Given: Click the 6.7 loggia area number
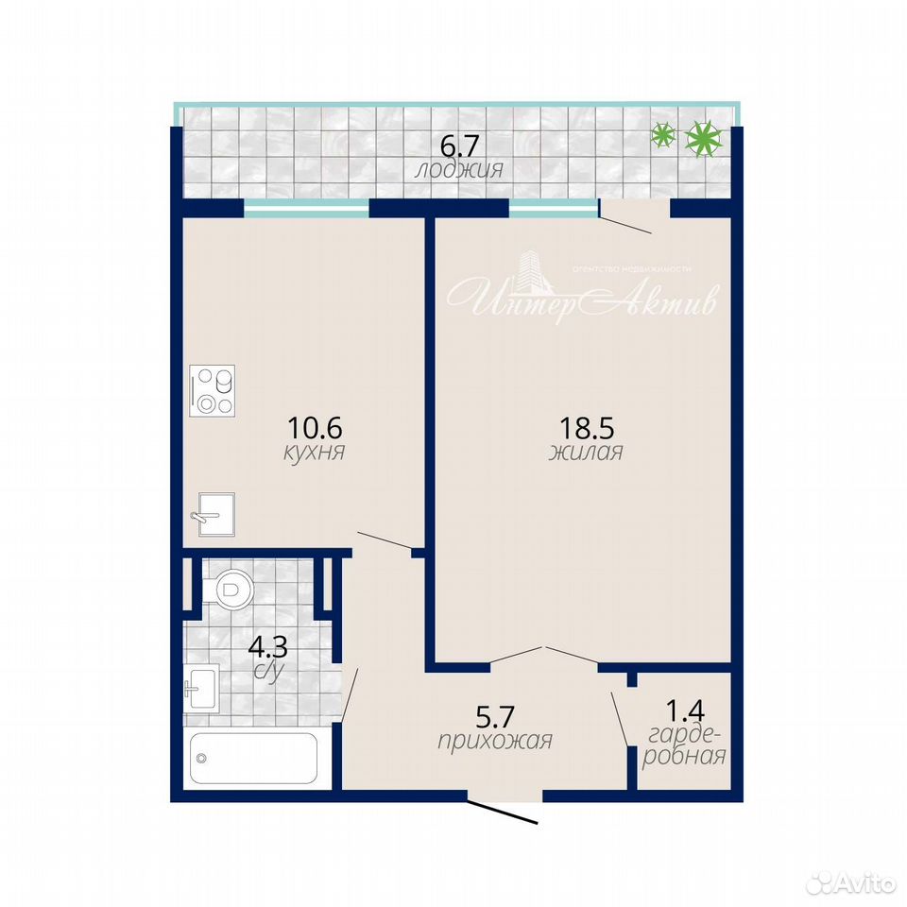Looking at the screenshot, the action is tap(460, 145).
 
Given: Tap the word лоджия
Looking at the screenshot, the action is tap(459, 170).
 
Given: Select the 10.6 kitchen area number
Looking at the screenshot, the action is tap(315, 428).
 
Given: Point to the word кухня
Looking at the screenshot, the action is tap(314, 452).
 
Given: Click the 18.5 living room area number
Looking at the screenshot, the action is tap(587, 428).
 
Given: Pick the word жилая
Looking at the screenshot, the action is tap(586, 453).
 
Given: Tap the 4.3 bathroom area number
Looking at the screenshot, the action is tap(267, 647).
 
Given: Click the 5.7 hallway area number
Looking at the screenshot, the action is tap(494, 717).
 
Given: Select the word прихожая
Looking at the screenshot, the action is tap(495, 741).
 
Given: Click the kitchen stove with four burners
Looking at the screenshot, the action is tap(213, 390).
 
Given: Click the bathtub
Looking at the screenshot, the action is tap(253, 759).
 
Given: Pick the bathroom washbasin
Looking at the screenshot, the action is tap(200, 688).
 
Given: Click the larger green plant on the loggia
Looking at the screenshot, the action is tap(703, 140).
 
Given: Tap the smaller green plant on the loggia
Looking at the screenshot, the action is tap(663, 135).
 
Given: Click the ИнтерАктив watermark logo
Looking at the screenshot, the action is tap(582, 291).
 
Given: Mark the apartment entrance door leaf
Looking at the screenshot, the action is tap(503, 811).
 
